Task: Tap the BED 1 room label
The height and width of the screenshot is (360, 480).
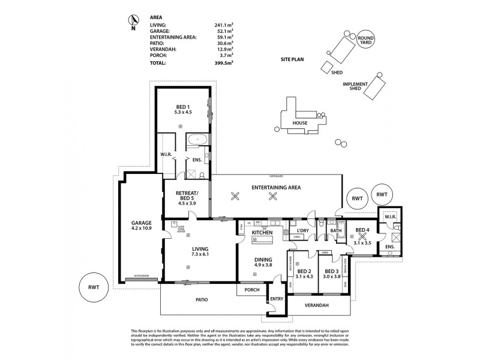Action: point(181,109)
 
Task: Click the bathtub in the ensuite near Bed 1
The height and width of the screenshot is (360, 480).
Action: point(197,140)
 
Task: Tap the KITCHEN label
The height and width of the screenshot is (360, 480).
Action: point(262,232)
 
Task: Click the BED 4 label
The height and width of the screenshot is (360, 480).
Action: point(362,230)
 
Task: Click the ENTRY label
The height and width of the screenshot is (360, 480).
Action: point(276,299)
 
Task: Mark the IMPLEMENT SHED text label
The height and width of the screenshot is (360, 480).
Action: point(352,86)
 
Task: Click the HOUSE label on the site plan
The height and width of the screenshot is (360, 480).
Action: point(300,124)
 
